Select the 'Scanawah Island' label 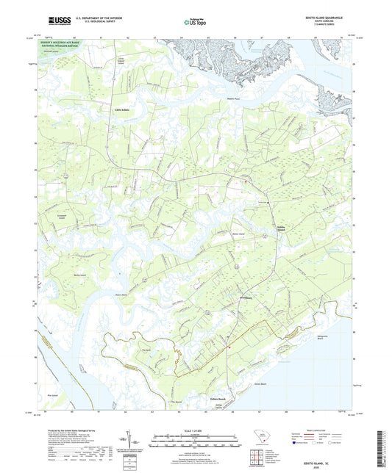(x=63, y=218)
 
